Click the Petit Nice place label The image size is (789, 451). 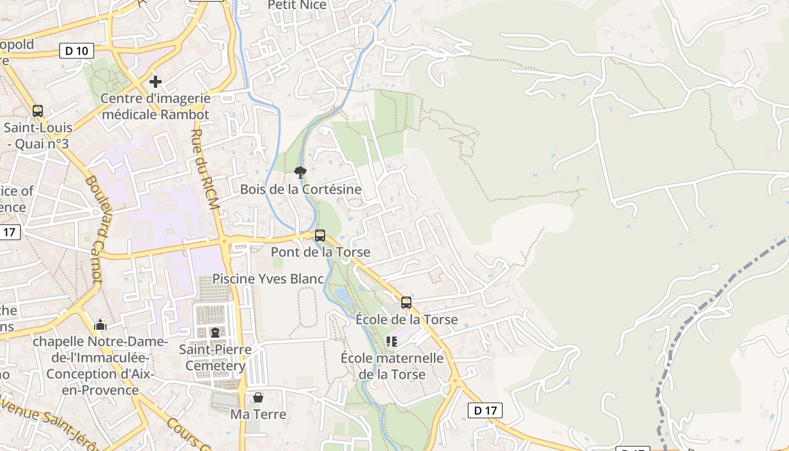297,5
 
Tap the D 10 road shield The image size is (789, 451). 77,51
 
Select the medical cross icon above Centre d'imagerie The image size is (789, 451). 155,82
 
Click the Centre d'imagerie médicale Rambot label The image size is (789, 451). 155,107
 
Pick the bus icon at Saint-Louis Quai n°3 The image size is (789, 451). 38,111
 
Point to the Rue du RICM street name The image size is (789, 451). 205,170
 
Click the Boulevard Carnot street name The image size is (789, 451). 94,228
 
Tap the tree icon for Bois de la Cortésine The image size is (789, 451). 300,172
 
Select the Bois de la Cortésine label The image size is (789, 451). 300,189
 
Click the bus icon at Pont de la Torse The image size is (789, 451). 320,236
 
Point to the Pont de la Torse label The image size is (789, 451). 320,252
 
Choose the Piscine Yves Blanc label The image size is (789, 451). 268,279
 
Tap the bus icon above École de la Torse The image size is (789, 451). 406,303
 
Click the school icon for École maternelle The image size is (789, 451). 392,341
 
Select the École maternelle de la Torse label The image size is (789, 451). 392,366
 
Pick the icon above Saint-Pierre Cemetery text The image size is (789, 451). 215,333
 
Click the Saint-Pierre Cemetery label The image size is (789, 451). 215,357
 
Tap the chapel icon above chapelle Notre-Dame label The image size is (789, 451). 101,325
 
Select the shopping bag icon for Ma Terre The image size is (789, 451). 258,397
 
